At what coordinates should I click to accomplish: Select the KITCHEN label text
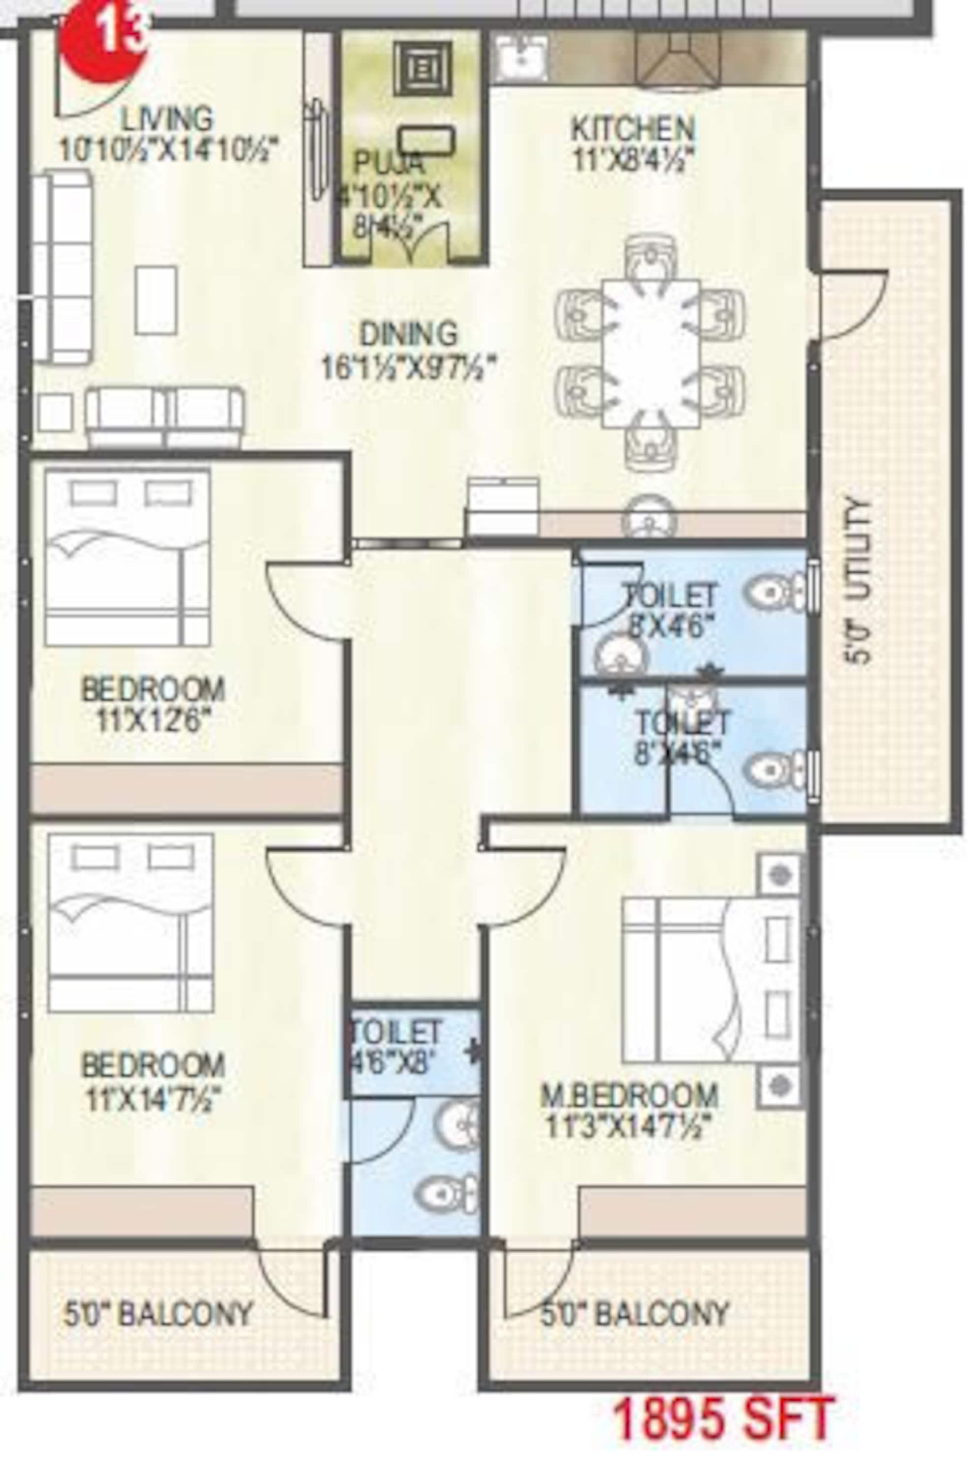632,129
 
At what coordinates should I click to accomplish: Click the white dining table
651,353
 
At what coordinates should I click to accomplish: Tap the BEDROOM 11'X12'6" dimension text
153,721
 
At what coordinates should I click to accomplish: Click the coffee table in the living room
156,300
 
